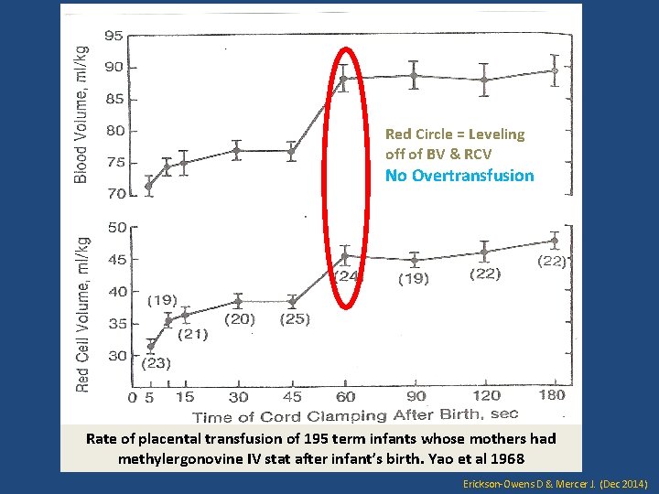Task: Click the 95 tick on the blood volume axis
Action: coord(113,36)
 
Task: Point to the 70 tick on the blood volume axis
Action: coord(113,194)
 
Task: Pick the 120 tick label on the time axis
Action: coord(486,395)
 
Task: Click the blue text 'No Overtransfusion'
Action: coord(459,176)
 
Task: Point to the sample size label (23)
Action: coord(157,363)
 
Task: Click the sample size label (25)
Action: coord(295,319)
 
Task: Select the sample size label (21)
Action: coord(192,334)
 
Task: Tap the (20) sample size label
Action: coord(240,319)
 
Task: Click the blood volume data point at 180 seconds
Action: coord(554,70)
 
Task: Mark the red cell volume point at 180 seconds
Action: coord(554,241)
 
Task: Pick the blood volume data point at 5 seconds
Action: coord(148,186)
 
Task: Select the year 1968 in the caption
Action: coord(505,457)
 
